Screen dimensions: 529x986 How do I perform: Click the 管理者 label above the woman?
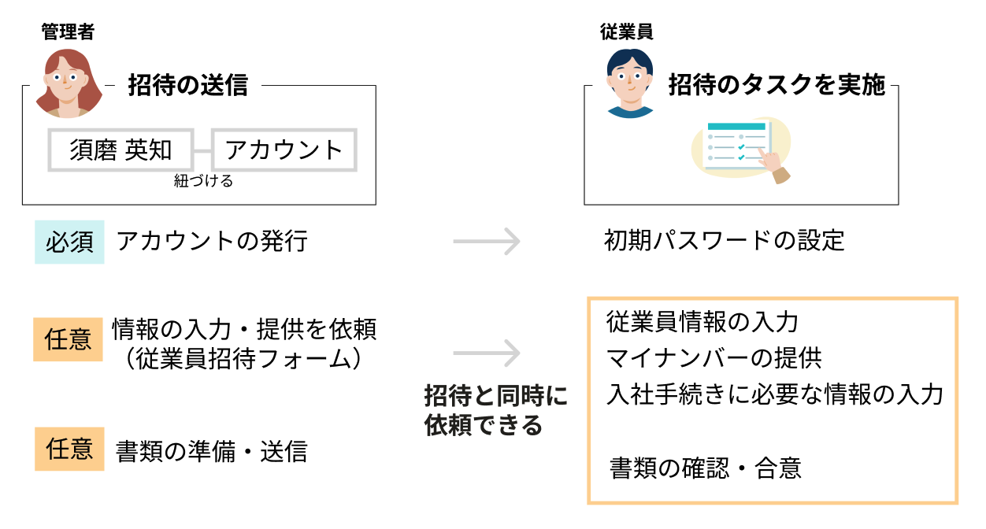point(68,32)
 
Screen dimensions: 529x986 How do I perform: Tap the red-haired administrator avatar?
point(69,83)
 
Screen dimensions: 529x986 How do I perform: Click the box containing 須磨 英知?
point(120,150)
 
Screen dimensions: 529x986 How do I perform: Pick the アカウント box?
point(284,150)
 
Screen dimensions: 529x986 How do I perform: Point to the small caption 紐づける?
point(203,182)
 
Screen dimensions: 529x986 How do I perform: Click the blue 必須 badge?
point(69,241)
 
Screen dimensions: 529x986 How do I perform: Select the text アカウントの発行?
point(212,241)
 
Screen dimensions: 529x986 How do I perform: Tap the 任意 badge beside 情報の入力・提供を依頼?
point(68,338)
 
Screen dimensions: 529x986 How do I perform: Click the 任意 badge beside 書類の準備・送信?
point(69,449)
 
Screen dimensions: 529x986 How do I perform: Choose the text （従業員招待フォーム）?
point(244,358)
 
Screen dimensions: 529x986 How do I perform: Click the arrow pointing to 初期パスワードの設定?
point(487,241)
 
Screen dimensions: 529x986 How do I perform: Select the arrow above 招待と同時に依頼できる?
point(487,353)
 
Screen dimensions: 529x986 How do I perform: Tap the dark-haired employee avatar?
point(630,83)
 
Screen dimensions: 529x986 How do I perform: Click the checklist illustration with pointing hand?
point(740,150)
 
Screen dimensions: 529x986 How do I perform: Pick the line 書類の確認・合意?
point(706,469)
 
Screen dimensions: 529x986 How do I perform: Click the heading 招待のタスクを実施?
point(777,85)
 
